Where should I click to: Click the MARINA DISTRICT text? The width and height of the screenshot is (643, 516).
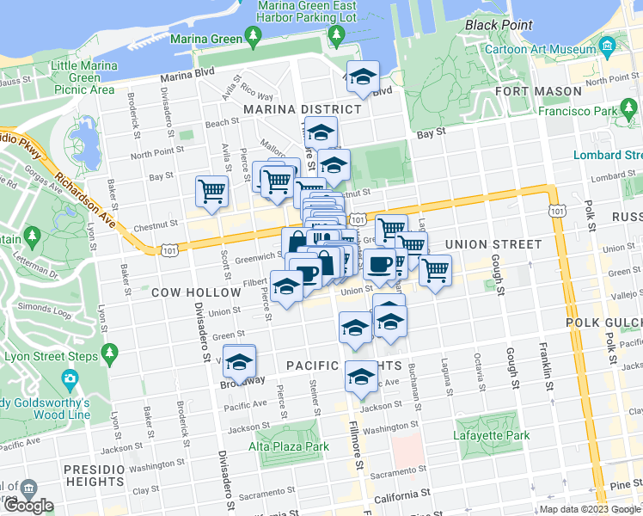click(x=302, y=109)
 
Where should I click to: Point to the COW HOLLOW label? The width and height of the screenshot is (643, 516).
click(x=196, y=292)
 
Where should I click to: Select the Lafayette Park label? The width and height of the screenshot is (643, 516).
click(x=492, y=435)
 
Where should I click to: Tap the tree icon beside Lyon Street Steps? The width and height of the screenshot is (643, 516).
click(x=109, y=353)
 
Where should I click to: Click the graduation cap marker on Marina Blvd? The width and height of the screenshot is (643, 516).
click(x=363, y=78)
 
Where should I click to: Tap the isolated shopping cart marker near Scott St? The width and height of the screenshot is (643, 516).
click(x=211, y=192)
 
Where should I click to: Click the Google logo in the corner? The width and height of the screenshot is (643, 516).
click(x=28, y=506)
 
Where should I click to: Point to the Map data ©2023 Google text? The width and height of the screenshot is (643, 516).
click(x=589, y=509)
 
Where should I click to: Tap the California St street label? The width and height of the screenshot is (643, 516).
click(x=401, y=495)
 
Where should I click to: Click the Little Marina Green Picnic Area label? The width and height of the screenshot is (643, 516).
click(x=83, y=77)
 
